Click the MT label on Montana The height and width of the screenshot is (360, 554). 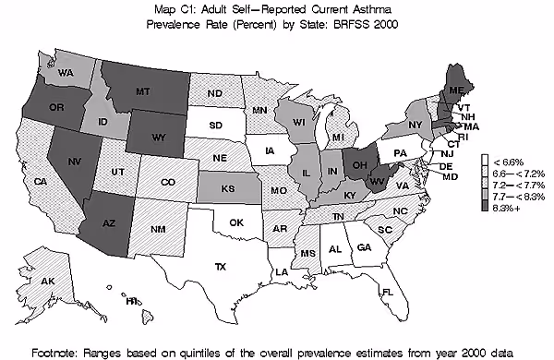(x=143, y=92)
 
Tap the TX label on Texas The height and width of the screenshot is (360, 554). (x=221, y=268)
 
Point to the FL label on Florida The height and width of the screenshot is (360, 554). (x=388, y=293)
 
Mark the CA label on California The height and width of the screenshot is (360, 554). (x=41, y=182)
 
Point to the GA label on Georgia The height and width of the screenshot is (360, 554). (x=364, y=247)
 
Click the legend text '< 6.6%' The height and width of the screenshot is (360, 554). (x=510, y=162)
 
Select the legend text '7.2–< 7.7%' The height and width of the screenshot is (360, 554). (x=517, y=185)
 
